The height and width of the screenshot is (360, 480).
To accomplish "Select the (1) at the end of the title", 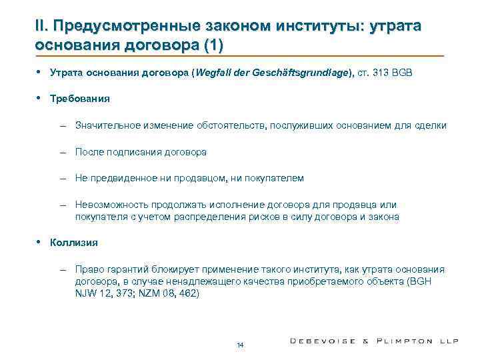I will coord(212,45).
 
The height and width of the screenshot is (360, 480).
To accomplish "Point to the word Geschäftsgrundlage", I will coord(301,73).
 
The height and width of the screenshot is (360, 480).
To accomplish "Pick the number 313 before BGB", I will coord(387,73).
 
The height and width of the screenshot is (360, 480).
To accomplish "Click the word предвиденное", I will coord(124,178).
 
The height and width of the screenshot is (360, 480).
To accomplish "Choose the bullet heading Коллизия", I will coord(74,243).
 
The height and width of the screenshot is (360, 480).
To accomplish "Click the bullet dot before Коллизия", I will coord(41,242).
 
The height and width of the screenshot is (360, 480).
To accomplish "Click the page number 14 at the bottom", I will coord(240,344).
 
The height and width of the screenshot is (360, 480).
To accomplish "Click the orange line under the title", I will coord(240,56).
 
